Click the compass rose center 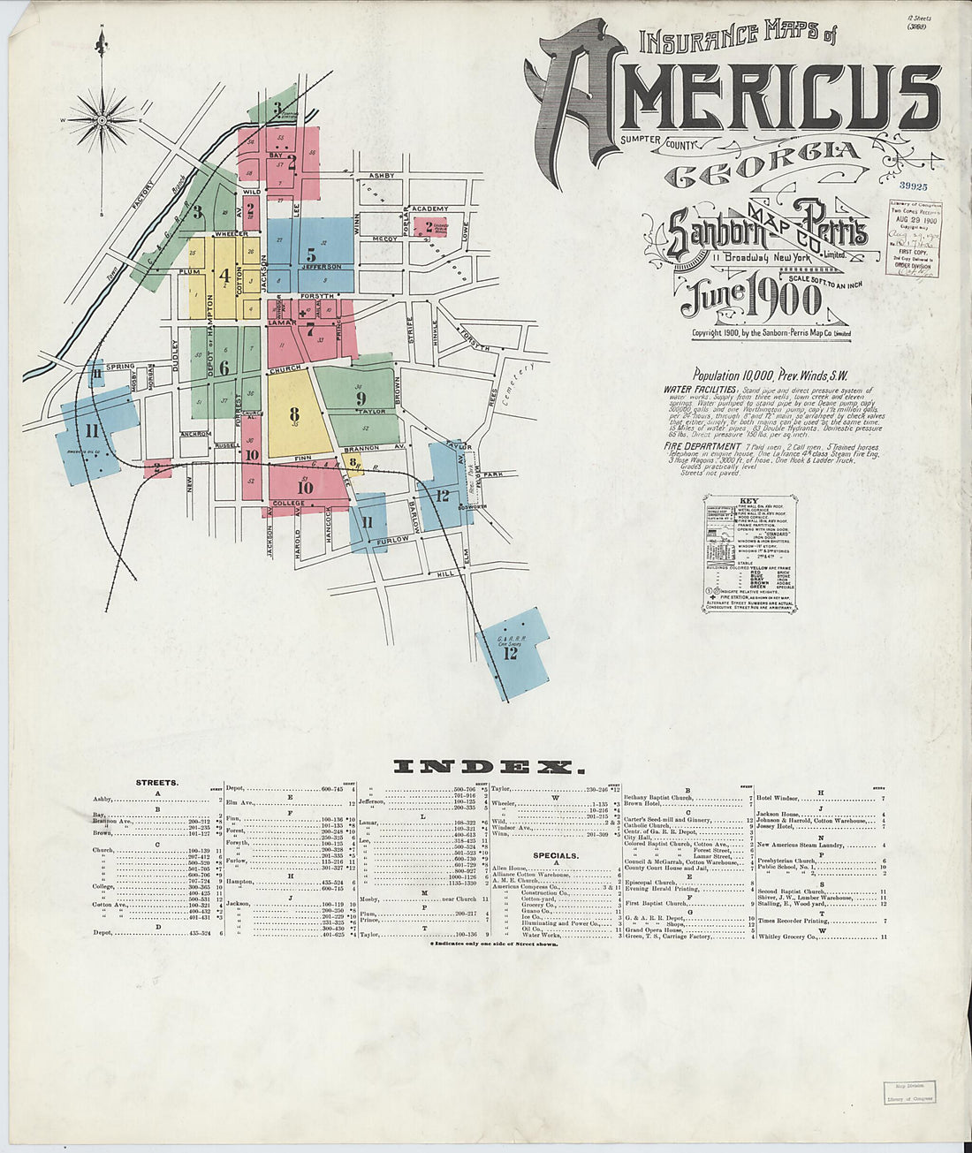103,118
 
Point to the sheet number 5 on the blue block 311,254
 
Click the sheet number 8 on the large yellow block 294,414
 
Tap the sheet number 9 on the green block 361,398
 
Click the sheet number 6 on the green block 224,368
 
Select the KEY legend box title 751,500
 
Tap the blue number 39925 913,186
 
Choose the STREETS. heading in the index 157,783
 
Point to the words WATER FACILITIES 700,389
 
